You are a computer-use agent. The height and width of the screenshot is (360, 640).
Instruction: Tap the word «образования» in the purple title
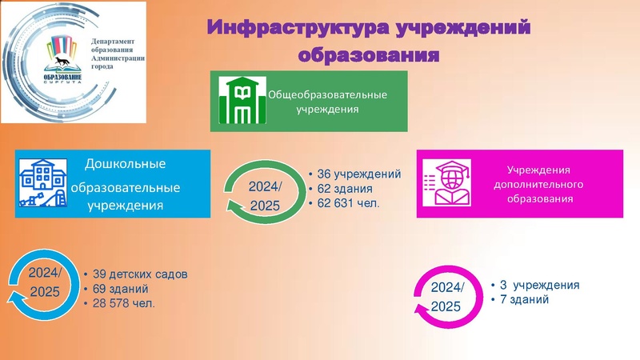tap(369, 55)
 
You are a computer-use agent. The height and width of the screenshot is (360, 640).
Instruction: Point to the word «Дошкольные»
tap(125, 164)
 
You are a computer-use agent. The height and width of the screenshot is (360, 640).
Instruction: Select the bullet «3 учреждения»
tap(538, 285)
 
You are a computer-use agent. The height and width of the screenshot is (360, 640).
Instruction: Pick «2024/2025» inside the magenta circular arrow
tap(446, 297)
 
